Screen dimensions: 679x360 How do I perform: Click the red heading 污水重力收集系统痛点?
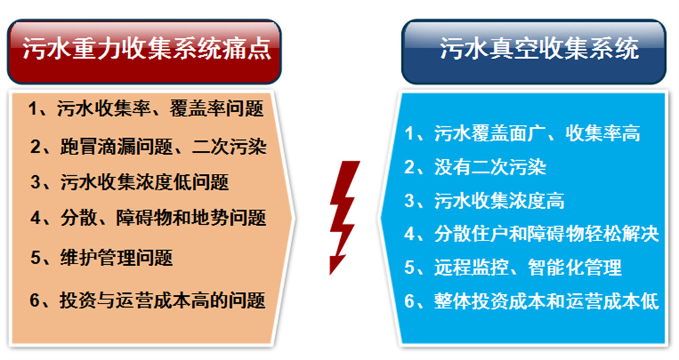[147, 48]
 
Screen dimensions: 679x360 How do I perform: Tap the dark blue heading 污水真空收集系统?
[539, 48]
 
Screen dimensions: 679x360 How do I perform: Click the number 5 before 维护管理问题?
[35, 258]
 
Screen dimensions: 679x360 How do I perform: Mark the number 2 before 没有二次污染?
[409, 168]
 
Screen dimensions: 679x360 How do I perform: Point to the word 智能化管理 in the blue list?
[575, 268]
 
